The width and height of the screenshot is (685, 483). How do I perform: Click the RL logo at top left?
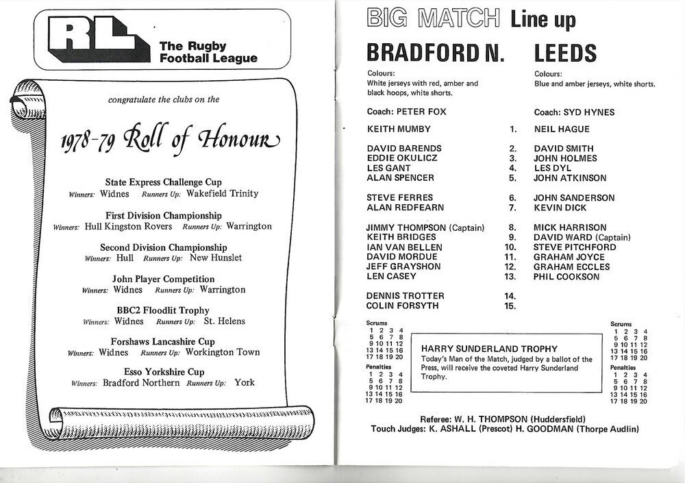coord(98,40)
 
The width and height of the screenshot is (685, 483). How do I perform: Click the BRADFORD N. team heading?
coord(435,53)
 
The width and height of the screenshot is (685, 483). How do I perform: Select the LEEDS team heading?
coord(565,53)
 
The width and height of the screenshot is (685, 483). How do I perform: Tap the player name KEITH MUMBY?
coord(399,128)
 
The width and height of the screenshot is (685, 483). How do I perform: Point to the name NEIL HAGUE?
coord(562,129)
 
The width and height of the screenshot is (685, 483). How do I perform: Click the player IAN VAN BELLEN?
coord(403,247)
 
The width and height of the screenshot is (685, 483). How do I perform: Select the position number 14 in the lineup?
coord(509,296)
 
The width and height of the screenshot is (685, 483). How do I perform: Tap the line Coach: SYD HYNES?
coord(574,112)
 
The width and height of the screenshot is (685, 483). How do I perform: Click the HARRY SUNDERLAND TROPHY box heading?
coord(489,349)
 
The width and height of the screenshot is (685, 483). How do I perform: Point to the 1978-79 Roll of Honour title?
coord(169,142)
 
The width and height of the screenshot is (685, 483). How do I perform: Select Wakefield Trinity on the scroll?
coord(222,194)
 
